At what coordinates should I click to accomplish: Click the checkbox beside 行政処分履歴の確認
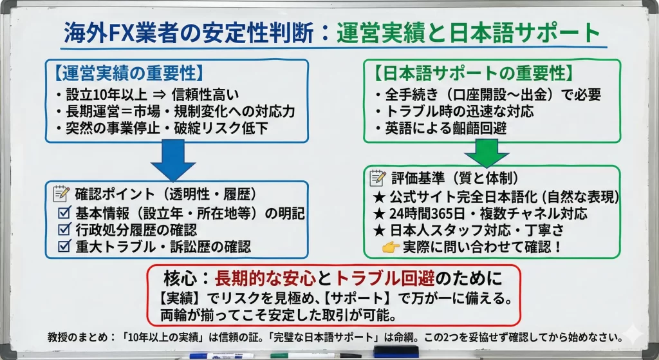click(x=64, y=229)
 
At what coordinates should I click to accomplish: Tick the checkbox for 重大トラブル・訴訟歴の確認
click(x=64, y=245)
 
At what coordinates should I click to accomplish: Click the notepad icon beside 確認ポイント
click(x=62, y=193)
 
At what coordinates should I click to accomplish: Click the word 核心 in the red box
click(x=174, y=278)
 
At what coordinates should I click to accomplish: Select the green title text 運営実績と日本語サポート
click(x=468, y=33)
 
